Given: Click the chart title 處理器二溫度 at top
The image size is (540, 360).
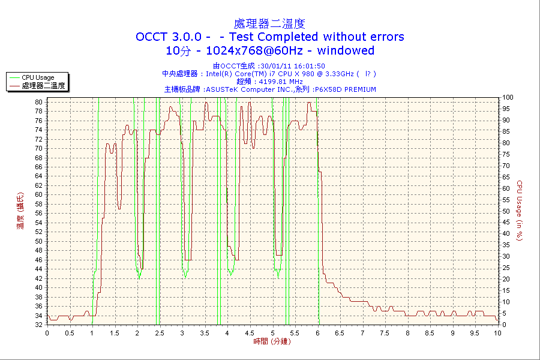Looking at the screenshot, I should (x=269, y=23).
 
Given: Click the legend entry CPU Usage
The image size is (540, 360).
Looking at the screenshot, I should (x=38, y=77).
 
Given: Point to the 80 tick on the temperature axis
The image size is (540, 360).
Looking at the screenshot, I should (x=38, y=102).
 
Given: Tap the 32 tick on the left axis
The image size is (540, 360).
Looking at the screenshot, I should (x=38, y=325).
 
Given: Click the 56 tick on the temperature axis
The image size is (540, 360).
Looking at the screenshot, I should (x=38, y=213).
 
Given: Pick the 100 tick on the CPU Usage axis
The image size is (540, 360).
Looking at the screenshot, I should (x=508, y=97).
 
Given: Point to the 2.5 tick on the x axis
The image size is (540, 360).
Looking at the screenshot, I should (x=160, y=333).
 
